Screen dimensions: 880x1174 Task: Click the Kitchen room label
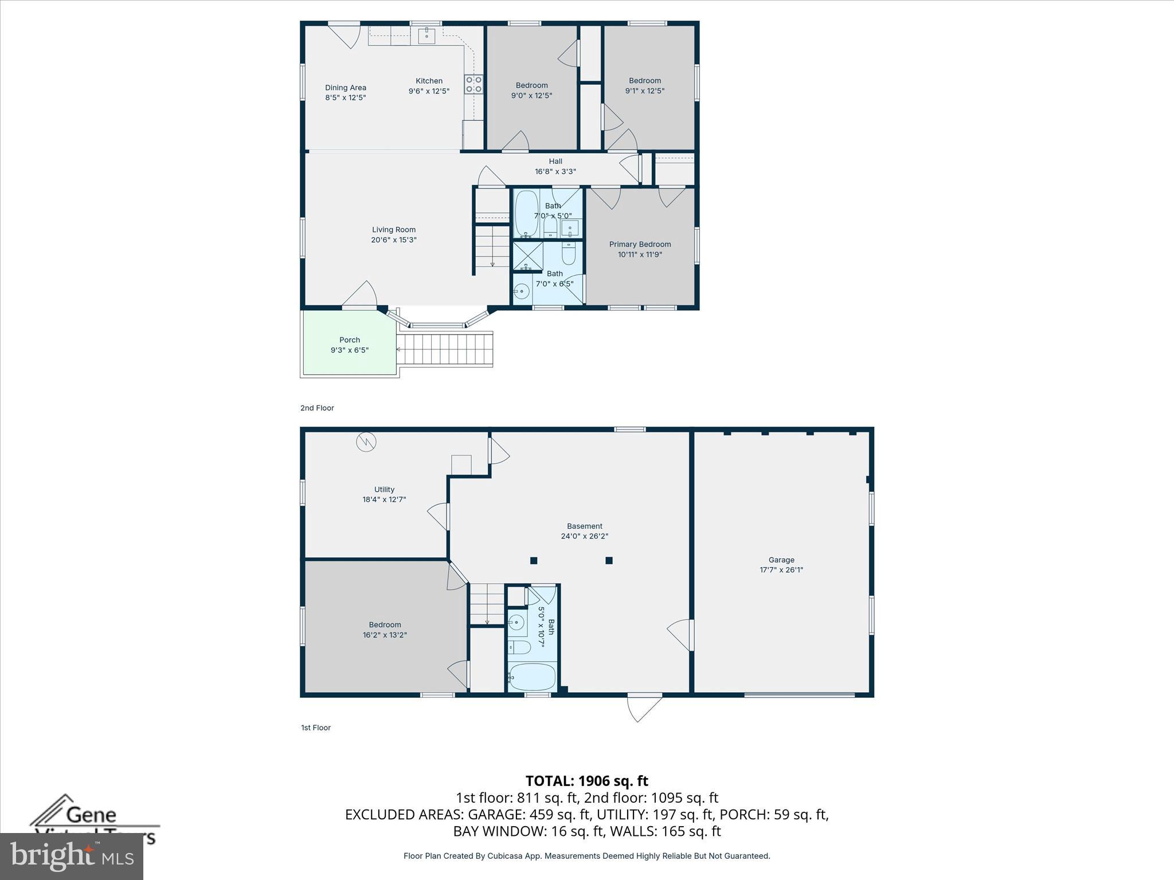click(429, 81)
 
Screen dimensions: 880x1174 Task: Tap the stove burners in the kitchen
click(473, 84)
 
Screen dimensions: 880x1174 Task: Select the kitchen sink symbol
click(426, 36)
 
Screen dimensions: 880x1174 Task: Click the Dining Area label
click(345, 88)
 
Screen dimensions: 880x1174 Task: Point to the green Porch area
click(349, 344)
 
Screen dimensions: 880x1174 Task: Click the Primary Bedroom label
click(640, 244)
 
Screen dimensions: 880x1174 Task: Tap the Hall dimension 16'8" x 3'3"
click(555, 171)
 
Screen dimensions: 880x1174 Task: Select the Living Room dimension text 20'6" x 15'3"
click(393, 240)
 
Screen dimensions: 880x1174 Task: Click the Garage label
click(781, 560)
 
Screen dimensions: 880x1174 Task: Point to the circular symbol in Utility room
click(366, 442)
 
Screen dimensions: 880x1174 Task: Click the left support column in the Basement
click(534, 560)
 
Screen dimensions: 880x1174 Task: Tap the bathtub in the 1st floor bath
click(532, 677)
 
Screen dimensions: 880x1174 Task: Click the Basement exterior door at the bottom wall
click(644, 707)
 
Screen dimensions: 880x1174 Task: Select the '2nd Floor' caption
click(317, 408)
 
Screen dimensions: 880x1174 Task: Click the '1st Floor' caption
click(316, 728)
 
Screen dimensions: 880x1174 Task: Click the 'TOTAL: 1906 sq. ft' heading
click(586, 781)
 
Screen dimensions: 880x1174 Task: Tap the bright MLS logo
click(72, 856)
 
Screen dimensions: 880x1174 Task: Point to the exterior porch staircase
click(445, 349)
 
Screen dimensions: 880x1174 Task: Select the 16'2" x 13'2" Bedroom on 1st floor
click(385, 630)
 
